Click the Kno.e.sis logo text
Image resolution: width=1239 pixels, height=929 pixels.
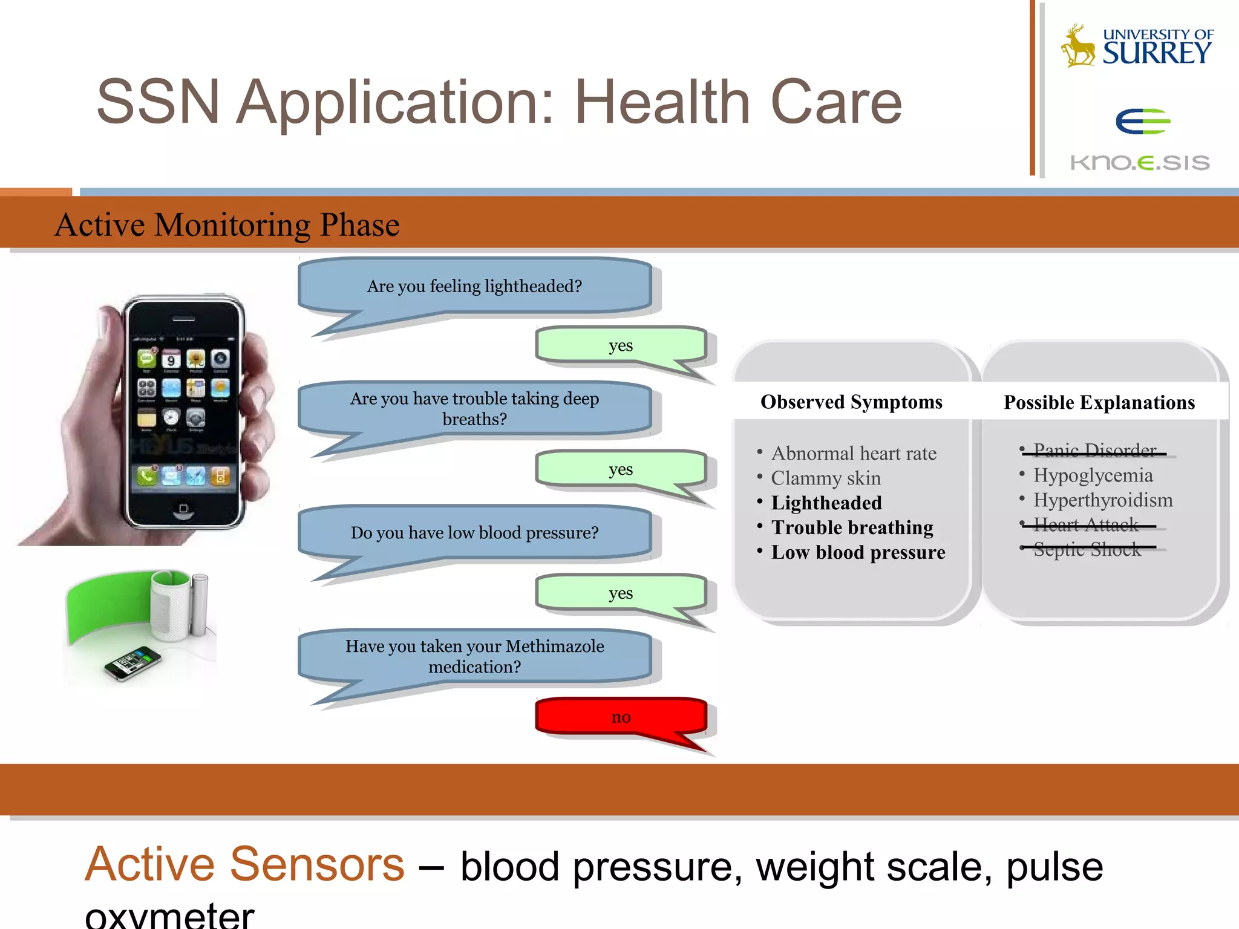tap(1140, 163)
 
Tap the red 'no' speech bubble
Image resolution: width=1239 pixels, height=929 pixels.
tap(621, 717)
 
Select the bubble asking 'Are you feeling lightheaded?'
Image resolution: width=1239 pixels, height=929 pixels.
tap(474, 286)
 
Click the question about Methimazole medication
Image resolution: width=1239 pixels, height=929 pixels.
tap(474, 657)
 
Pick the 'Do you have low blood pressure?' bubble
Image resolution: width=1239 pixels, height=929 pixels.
tap(474, 533)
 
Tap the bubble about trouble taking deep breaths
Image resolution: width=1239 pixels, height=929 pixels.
tap(474, 409)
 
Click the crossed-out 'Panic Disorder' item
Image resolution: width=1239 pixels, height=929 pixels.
tap(1094, 451)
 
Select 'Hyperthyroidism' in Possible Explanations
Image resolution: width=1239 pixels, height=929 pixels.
tap(1102, 500)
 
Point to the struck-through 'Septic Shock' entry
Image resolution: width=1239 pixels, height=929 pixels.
tap(1087, 549)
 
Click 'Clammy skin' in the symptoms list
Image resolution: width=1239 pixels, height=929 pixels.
tap(825, 478)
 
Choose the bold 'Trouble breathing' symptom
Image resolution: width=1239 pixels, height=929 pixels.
tap(852, 527)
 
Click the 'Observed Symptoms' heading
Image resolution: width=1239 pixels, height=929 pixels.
tap(851, 402)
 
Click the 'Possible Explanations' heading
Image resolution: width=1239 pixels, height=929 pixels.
tap(1099, 403)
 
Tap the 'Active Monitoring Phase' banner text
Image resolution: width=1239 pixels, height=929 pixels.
tap(227, 225)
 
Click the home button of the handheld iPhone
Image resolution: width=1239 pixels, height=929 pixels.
tap(183, 510)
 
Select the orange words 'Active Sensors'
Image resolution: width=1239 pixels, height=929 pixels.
tap(244, 864)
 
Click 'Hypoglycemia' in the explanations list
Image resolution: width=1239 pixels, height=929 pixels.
tap(1093, 475)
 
